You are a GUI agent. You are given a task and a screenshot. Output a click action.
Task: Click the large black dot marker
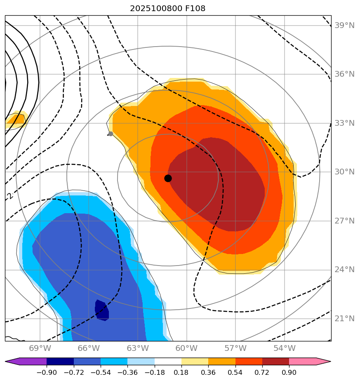pyautogui.click(x=168, y=178)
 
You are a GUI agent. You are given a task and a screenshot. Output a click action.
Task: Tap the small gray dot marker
pyautogui.click(x=111, y=134)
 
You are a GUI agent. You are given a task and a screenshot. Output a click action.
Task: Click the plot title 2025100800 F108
pyautogui.click(x=167, y=8)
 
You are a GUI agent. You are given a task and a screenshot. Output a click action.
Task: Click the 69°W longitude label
pyautogui.click(x=40, y=348)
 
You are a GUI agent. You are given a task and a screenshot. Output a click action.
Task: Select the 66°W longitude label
pyautogui.click(x=89, y=348)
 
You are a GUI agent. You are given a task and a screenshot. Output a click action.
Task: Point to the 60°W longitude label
pyautogui.click(x=186, y=348)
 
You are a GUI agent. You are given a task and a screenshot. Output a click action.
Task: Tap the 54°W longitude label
pyautogui.click(x=284, y=348)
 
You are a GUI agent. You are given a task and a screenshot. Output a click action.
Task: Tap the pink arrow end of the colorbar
pyautogui.click(x=323, y=362)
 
